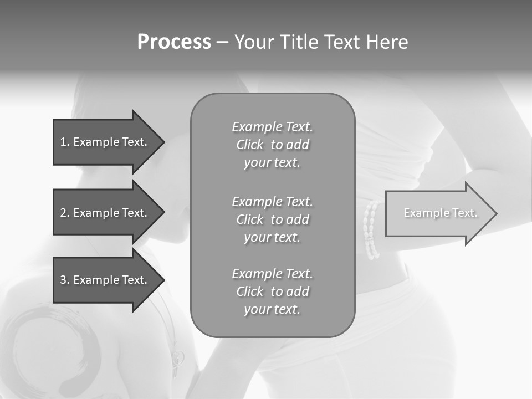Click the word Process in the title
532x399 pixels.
click(x=174, y=42)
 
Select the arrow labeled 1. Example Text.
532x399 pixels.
click(x=105, y=142)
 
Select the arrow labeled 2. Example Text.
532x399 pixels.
click(x=105, y=213)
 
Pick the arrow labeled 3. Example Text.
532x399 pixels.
click(x=105, y=280)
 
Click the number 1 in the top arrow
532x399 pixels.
click(x=63, y=142)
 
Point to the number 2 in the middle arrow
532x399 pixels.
click(x=63, y=213)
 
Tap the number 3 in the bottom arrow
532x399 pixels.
click(x=63, y=280)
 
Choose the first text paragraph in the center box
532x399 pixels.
click(x=272, y=145)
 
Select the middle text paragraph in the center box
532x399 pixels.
click(x=272, y=219)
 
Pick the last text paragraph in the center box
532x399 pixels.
click(x=272, y=291)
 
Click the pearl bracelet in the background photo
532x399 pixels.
click(x=371, y=230)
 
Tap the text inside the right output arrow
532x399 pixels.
click(x=440, y=213)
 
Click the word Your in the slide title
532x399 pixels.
click(x=254, y=42)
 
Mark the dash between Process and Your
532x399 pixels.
click(x=222, y=43)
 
